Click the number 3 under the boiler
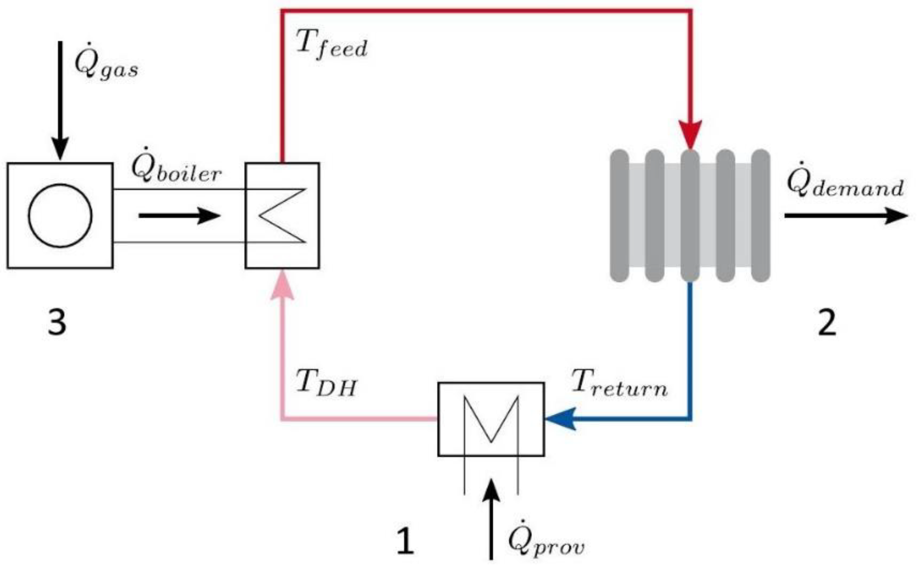57,322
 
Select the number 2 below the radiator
827,322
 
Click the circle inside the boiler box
60,216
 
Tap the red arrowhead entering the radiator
690,134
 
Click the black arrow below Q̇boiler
179,216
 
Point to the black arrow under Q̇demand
846,216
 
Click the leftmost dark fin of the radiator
619,216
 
